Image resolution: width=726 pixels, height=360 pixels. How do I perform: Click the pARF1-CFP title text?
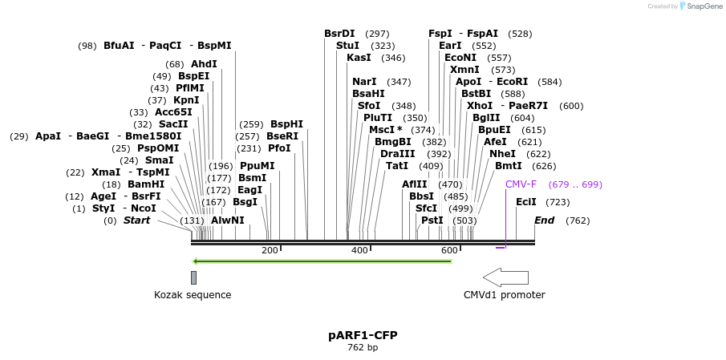coord(363,334)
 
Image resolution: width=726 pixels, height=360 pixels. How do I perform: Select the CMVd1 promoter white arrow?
coord(505,277)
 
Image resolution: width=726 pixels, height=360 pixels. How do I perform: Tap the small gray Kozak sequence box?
coord(193,277)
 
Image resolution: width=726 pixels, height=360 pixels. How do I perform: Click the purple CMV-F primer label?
coord(521,184)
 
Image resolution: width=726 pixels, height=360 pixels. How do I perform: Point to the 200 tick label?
coord(270,251)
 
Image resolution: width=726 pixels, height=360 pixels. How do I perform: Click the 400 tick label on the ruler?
coord(359,251)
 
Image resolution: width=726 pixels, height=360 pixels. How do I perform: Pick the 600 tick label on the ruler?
coord(449,251)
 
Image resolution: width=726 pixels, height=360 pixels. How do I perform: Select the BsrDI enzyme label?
coord(339,34)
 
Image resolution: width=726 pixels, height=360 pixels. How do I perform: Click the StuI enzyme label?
coord(348,46)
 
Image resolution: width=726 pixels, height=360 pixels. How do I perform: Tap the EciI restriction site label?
coord(526,202)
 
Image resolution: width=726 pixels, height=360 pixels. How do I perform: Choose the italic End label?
coord(545,220)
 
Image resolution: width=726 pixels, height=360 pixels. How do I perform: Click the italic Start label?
coord(136,220)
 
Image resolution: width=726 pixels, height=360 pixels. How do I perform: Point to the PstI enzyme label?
coord(432,220)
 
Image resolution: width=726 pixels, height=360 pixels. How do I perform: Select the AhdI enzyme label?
coord(204,64)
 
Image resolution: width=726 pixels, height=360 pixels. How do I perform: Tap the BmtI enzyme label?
coord(509,166)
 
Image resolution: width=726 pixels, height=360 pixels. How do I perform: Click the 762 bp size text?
coord(363,348)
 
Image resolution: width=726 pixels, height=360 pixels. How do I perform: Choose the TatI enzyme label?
coord(397,166)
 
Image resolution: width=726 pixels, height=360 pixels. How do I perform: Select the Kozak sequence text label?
coord(193,295)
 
